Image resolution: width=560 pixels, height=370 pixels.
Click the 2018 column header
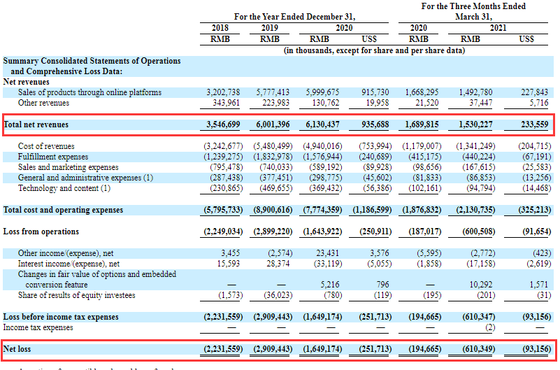point(220,28)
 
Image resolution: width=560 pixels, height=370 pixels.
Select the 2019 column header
point(269,28)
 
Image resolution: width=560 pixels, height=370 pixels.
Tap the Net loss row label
point(18,348)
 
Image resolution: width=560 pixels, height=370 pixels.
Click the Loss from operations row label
point(41,232)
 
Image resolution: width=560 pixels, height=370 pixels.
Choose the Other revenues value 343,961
point(224,103)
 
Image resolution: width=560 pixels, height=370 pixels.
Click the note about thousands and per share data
point(374,50)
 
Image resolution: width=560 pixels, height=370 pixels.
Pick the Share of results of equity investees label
point(77,295)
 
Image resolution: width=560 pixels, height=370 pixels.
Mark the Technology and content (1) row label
point(64,188)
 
